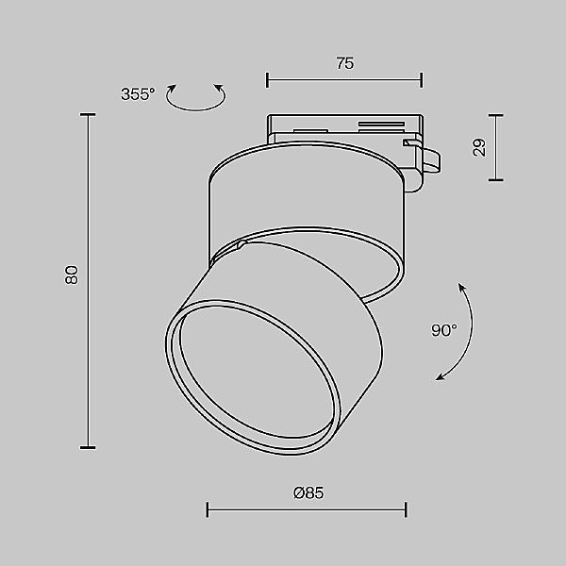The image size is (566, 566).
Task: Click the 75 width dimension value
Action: click(345, 63)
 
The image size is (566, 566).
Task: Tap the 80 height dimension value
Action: click(72, 275)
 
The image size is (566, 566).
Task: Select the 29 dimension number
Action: click(479, 147)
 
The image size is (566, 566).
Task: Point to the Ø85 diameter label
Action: click(308, 492)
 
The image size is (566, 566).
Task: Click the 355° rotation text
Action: click(138, 94)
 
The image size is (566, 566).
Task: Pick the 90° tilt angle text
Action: click(444, 330)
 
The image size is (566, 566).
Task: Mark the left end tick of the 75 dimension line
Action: click(267, 80)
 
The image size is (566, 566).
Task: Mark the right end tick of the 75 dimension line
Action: click(422, 80)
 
